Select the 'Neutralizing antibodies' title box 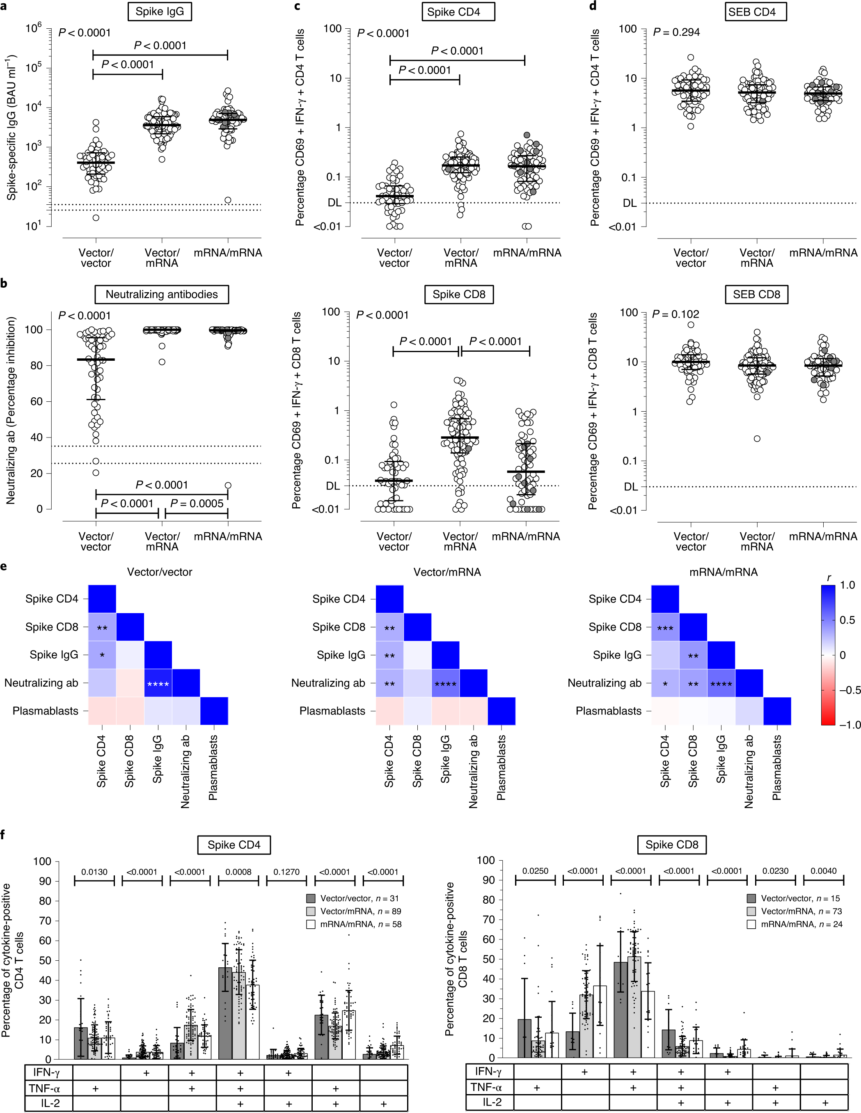click(x=162, y=295)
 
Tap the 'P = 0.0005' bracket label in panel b click(x=197, y=504)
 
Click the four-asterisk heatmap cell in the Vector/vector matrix click(x=158, y=684)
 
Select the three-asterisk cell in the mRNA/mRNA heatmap click(x=665, y=628)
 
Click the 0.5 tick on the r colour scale click(x=847, y=620)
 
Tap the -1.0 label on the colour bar click(x=849, y=725)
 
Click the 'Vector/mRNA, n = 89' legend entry click(x=360, y=911)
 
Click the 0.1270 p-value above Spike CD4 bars click(x=286, y=872)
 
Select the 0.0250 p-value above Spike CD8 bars click(x=535, y=871)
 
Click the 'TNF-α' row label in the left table click(x=44, y=1088)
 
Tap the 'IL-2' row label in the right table click(x=492, y=1102)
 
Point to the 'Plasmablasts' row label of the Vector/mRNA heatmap click(x=332, y=711)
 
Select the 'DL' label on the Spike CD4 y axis click(x=334, y=203)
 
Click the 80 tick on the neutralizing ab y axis click(x=36, y=365)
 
